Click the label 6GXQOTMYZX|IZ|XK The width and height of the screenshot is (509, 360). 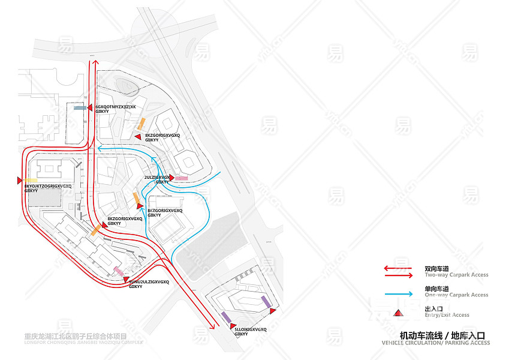point(116,107)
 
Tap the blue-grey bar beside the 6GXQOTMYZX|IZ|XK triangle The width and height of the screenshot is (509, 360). point(79,108)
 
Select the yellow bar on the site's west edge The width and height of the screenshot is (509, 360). point(31,180)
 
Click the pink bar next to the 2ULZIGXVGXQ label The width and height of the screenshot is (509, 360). point(181,178)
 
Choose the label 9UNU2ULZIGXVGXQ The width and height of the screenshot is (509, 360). point(149,281)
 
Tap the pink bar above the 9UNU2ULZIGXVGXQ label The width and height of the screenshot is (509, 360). point(119,272)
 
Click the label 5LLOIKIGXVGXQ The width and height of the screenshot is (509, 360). point(251,329)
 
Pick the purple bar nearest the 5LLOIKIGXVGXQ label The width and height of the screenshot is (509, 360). point(226,316)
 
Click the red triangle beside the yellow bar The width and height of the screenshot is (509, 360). point(20,180)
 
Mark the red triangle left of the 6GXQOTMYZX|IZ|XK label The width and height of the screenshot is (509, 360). point(90,108)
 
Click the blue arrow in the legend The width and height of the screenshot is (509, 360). point(398,294)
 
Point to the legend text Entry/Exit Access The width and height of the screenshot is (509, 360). point(446,314)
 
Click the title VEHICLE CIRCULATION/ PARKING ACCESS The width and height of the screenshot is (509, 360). point(435,343)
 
